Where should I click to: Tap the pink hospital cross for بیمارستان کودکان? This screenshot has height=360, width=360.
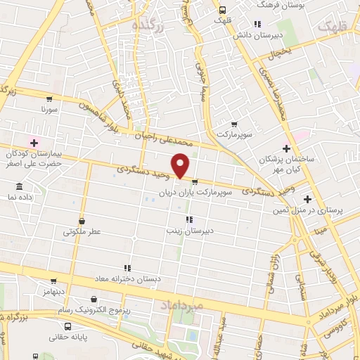(33, 143)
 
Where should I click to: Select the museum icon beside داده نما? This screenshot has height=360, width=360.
(18, 187)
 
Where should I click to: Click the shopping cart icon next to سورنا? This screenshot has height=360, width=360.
(49, 99)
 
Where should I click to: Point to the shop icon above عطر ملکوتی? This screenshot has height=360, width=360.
(82, 221)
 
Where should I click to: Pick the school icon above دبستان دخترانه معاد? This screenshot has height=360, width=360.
(127, 268)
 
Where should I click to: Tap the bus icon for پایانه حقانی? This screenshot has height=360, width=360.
(67, 326)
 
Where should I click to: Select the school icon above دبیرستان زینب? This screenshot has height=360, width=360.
(188, 219)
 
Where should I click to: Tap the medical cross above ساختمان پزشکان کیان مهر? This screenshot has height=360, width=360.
(285, 148)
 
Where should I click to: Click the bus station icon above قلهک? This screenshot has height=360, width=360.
(222, 10)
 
